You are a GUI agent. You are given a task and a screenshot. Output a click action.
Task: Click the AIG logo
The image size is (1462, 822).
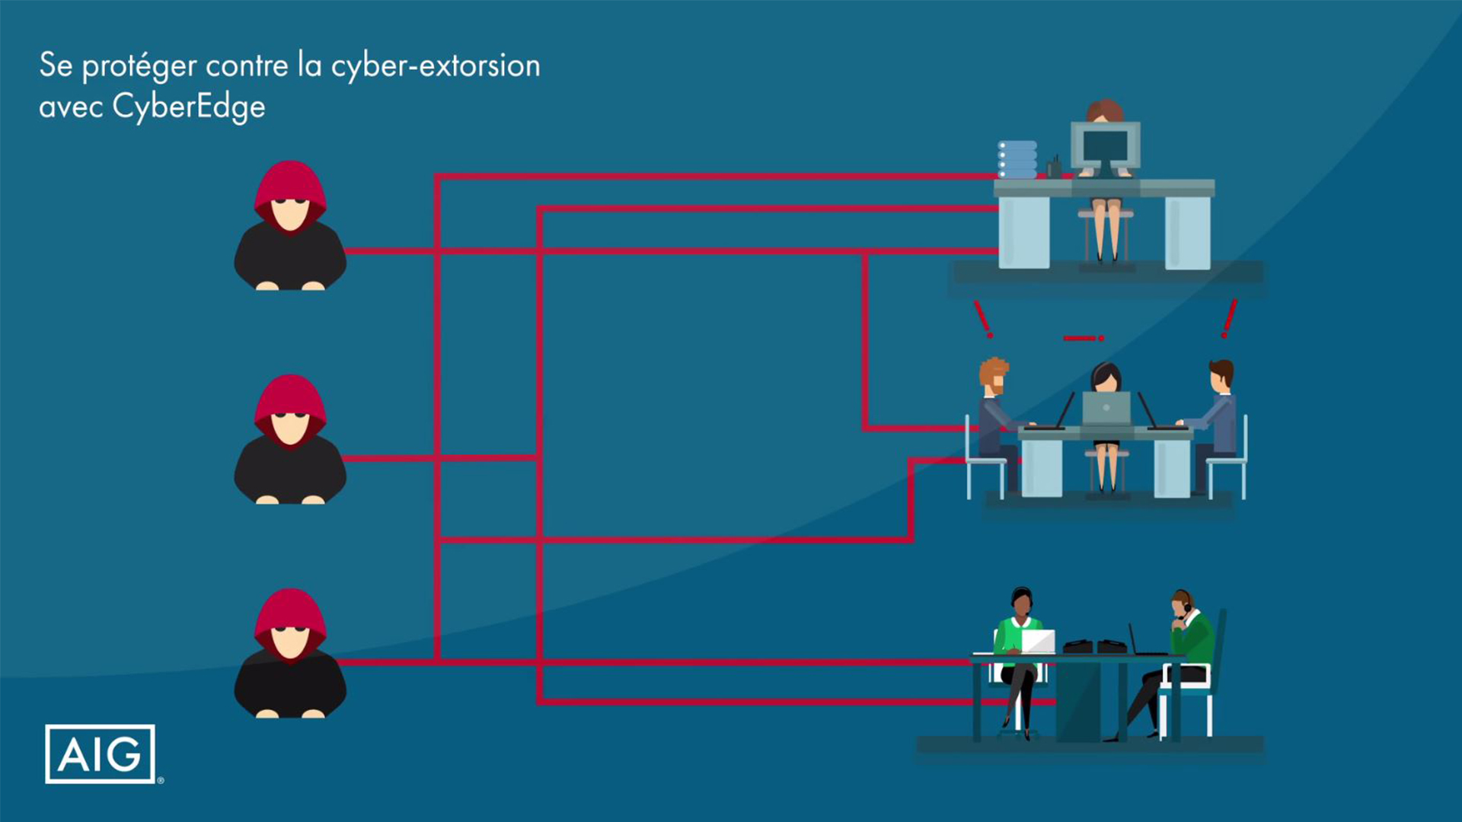[100, 753]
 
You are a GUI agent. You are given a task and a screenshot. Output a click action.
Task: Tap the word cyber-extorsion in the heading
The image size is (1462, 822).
[436, 66]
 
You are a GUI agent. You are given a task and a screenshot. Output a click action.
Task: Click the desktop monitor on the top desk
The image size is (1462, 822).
[1105, 145]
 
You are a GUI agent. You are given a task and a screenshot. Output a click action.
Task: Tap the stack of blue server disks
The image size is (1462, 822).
[1017, 159]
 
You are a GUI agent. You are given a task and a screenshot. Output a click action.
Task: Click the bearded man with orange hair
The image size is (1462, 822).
[994, 411]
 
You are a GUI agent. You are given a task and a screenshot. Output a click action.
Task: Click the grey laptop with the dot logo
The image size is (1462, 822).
[1106, 409]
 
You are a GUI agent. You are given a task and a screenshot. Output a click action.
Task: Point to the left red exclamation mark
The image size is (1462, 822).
[983, 319]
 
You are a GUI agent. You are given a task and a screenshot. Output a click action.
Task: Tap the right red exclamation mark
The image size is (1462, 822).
[1228, 318]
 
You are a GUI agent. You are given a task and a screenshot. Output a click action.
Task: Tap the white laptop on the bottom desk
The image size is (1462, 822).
[1037, 642]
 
